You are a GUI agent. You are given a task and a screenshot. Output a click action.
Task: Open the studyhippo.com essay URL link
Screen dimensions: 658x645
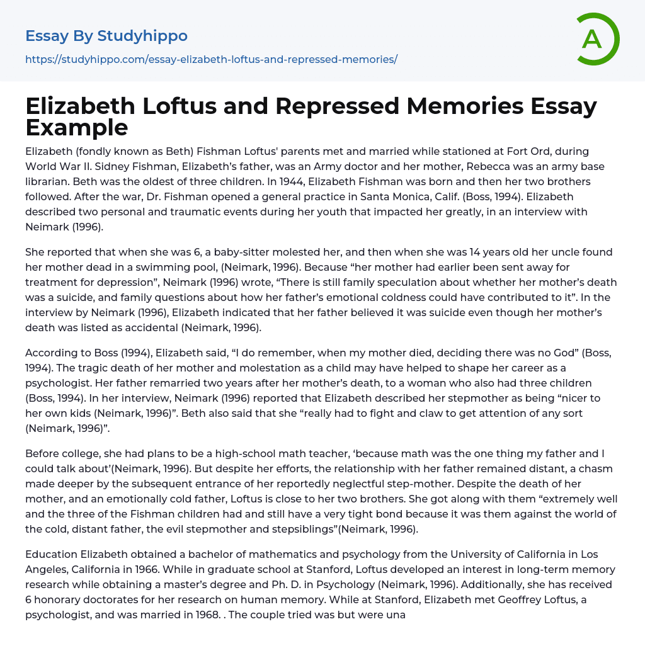[211, 59]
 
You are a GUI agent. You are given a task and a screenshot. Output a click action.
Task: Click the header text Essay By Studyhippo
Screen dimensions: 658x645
[106, 36]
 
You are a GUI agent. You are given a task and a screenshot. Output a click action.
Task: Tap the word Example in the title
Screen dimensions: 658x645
[77, 127]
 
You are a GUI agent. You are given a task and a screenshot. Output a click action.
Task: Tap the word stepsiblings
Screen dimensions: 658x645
[302, 529]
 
